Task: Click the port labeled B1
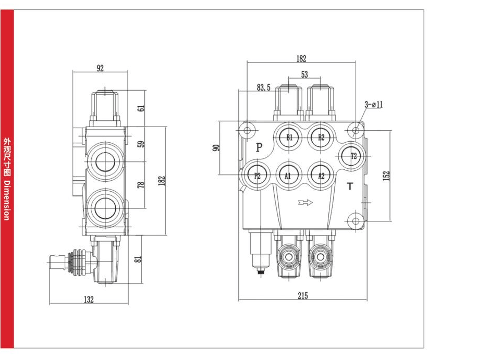pos(289,138)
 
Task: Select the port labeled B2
pos(321,138)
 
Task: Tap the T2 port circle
pos(353,155)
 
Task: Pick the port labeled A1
pos(288,176)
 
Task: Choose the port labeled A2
pos(321,176)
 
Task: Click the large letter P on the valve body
pos(260,147)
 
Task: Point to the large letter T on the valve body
pos(350,186)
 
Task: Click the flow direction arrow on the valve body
pos(304,202)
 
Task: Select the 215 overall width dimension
pos(303,296)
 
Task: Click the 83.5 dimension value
pos(263,88)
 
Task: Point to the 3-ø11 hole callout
pos(374,104)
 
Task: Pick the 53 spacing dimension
pos(304,75)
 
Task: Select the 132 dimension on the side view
pos(89,299)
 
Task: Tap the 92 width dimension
pos(101,68)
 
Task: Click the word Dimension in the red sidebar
pos(6,201)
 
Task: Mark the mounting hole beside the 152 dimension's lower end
pos(356,220)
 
